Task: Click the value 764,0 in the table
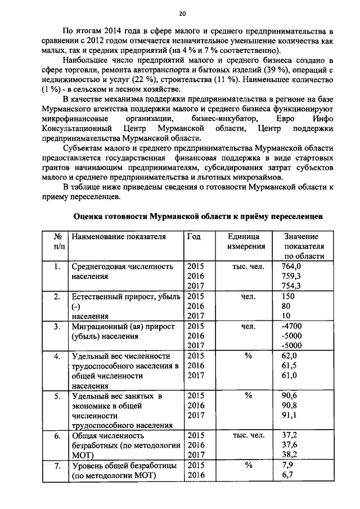291,266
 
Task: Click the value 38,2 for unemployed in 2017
290,455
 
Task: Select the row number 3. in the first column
57,326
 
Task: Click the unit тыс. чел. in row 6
248,435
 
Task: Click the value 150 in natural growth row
288,296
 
